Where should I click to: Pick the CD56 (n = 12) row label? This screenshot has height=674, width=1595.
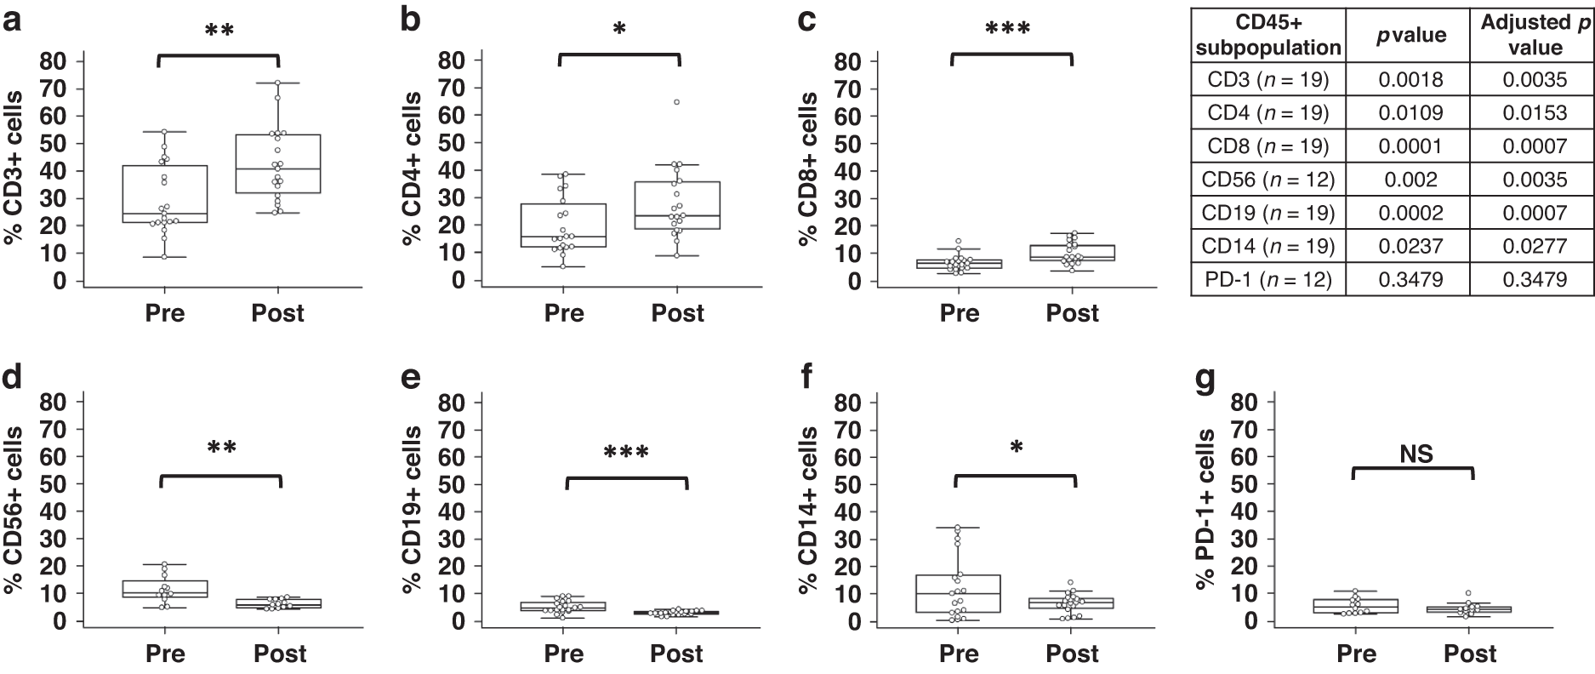pyautogui.click(x=1268, y=180)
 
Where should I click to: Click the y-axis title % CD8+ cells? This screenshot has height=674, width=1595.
pyautogui.click(x=807, y=169)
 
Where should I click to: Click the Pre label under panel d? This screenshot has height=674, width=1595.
pyautogui.click(x=165, y=653)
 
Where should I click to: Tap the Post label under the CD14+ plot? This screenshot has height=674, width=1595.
pyautogui.click(x=1073, y=653)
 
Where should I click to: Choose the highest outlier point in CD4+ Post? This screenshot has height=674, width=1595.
pyautogui.click(x=677, y=102)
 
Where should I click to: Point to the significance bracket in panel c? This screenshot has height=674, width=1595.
pyautogui.click(x=1012, y=55)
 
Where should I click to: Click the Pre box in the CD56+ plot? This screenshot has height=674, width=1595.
pyautogui.click(x=165, y=589)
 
